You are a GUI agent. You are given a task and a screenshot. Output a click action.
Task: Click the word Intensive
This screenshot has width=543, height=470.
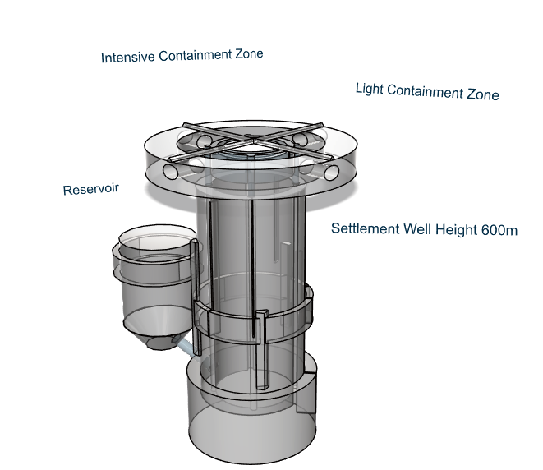pyautogui.click(x=127, y=58)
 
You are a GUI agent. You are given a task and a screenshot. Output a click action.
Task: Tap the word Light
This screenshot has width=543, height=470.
pyautogui.click(x=369, y=88)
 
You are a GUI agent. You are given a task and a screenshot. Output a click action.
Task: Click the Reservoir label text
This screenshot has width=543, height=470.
pyautogui.click(x=90, y=189)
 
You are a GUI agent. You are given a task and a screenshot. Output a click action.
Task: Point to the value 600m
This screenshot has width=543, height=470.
pyautogui.click(x=500, y=230)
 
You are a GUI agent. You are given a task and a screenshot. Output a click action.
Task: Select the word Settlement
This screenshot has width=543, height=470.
pyautogui.click(x=365, y=228)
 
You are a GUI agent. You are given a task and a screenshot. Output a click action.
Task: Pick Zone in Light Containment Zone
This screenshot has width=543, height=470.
pyautogui.click(x=482, y=94)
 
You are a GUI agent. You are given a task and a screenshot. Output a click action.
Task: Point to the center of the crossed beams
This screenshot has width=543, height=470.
pyautogui.click(x=250, y=143)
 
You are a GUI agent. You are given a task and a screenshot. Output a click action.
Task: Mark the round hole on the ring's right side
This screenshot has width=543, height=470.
pyautogui.click(x=332, y=173)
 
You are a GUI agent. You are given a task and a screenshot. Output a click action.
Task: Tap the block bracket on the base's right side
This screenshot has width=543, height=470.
pyautogui.click(x=306, y=393)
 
